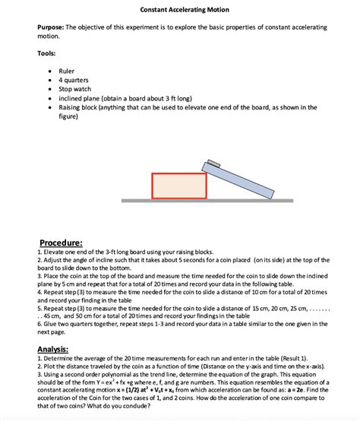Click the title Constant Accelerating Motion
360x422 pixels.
179,9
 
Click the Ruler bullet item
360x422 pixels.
67,71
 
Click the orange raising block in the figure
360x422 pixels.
178,186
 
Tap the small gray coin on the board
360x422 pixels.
213,163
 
